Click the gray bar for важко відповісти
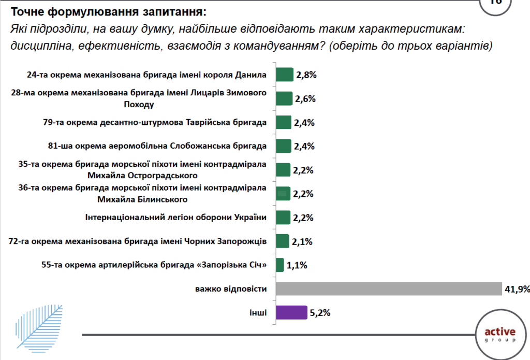pyautogui.click(x=389, y=289)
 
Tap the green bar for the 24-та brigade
pyautogui.click(x=285, y=75)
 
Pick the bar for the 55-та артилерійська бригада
pyautogui.click(x=280, y=265)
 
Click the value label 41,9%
pyautogui.click(x=516, y=289)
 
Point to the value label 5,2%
pyautogui.click(x=320, y=313)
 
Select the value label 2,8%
pyautogui.click(x=306, y=75)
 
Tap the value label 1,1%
pyautogui.click(x=297, y=265)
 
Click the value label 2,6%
pyautogui.click(x=305, y=99)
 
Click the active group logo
pyautogui.click(x=499, y=335)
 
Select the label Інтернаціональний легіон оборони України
pyautogui.click(x=175, y=218)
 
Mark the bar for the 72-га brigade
pyautogui.click(x=283, y=241)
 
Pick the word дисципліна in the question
pyautogui.click(x=40, y=46)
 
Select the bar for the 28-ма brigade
pyautogui.click(x=284, y=99)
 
